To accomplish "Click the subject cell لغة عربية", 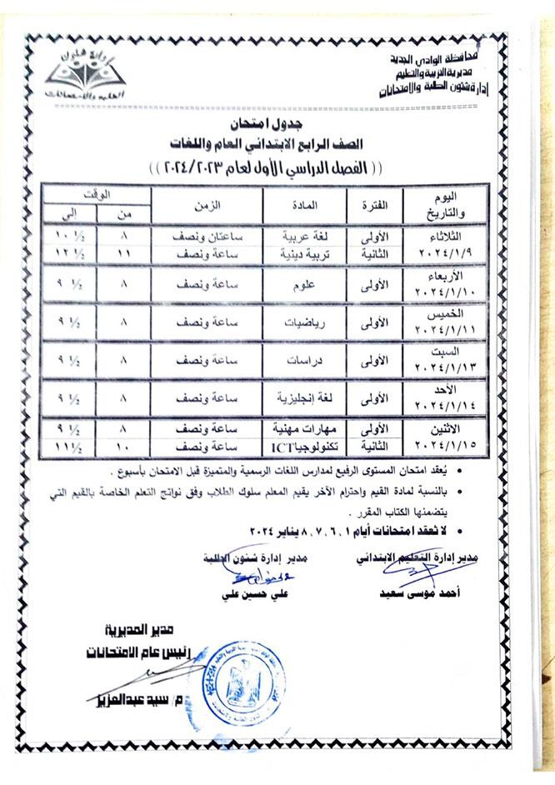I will pyautogui.click(x=300, y=236).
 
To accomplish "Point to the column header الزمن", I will pyautogui.click(x=207, y=204).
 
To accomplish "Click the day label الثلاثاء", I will pyautogui.click(x=441, y=235).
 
